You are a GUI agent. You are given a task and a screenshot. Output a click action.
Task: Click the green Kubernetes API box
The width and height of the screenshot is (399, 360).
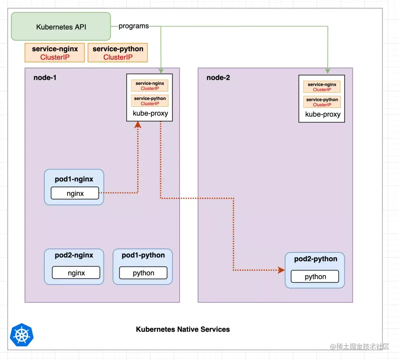coord(61,27)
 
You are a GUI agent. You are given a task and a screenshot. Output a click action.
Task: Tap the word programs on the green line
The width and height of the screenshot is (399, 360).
coord(134,26)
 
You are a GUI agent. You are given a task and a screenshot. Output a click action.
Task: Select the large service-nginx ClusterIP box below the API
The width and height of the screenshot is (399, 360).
coord(55,53)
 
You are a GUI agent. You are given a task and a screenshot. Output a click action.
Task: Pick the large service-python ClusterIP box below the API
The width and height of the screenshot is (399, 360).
coord(118,53)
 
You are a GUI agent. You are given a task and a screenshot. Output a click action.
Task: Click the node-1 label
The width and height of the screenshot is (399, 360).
coord(45,78)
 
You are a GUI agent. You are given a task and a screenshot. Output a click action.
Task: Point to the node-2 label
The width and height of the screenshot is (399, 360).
coord(218,78)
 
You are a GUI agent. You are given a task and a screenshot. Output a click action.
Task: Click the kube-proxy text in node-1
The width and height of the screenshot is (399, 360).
coord(150,113)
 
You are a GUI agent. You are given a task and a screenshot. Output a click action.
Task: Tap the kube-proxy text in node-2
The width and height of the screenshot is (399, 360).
coord(323,114)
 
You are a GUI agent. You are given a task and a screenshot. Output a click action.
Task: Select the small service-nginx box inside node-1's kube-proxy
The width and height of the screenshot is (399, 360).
coord(150,86)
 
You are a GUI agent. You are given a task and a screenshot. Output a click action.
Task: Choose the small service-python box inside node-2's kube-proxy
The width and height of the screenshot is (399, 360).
coord(322,102)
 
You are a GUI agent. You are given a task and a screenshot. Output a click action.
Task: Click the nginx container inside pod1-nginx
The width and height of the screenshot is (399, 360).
coord(75,193)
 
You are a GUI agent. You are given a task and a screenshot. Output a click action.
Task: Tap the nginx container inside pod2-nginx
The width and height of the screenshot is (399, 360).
coord(76,273)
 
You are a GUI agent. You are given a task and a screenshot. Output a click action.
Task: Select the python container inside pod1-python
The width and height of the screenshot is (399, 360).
coord(143,273)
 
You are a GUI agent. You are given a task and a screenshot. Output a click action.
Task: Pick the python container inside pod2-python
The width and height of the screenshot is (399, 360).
coord(315,277)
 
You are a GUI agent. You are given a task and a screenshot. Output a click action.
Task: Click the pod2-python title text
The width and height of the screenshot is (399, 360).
coord(316,259)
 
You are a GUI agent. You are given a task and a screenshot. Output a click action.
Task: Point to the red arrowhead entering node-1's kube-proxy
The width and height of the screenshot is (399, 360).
coord(138,125)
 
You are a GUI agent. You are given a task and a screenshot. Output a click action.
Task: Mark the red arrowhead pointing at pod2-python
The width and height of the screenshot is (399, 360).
coord(281,270)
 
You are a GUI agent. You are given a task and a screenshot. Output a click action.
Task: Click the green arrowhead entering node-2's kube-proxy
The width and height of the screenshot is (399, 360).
coord(327,71)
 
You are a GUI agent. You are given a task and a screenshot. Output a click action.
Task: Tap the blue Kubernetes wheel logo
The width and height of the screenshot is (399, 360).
coord(22,335)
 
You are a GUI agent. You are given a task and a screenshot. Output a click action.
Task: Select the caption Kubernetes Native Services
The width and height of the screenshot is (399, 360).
coord(183,329)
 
